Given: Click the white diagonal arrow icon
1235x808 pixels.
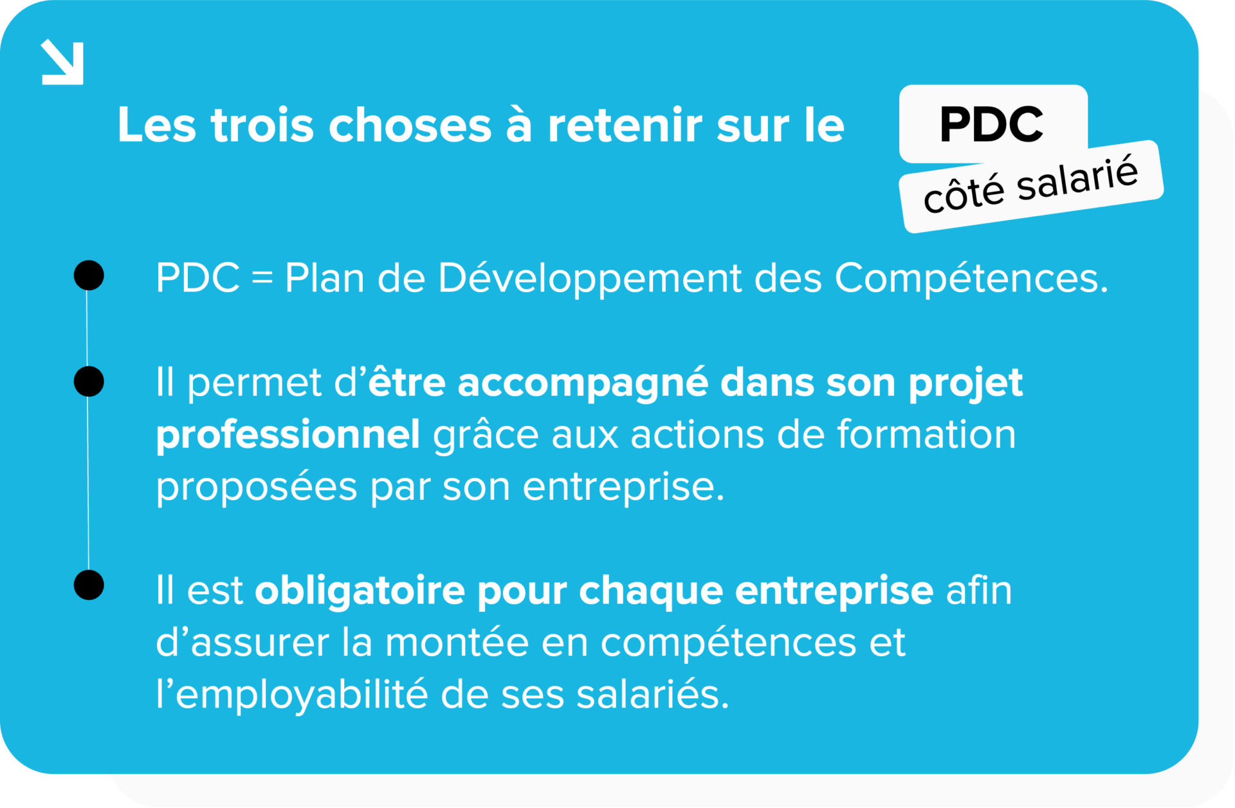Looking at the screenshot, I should click(62, 62).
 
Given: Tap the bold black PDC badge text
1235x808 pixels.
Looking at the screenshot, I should click(991, 124).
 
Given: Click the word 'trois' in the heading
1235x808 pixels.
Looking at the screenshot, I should click(262, 125).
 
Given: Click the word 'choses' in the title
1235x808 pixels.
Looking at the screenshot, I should click(410, 125).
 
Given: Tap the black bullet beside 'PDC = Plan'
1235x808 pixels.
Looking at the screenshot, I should click(89, 275).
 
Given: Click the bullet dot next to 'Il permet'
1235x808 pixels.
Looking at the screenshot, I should click(89, 381).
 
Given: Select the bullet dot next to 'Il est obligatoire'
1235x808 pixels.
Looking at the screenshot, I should click(89, 585).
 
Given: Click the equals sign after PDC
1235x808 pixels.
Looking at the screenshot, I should click(262, 279).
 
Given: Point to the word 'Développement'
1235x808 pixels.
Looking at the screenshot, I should click(589, 279).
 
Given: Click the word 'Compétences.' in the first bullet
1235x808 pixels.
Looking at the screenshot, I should click(971, 279).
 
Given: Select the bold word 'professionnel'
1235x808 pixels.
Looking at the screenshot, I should click(288, 435).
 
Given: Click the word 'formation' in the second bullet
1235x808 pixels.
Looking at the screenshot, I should click(926, 434).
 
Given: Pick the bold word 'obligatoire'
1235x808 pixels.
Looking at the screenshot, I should click(360, 591).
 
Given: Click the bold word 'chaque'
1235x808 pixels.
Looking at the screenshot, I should click(650, 591).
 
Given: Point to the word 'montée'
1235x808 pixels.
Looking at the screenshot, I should click(456, 642).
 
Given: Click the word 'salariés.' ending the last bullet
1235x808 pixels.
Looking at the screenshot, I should click(653, 695).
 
